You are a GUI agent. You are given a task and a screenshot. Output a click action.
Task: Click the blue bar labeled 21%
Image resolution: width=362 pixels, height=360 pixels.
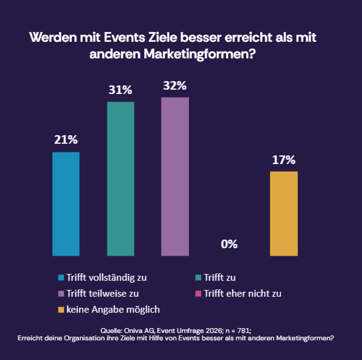66,203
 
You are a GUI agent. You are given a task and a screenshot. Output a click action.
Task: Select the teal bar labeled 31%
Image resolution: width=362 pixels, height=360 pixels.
120,178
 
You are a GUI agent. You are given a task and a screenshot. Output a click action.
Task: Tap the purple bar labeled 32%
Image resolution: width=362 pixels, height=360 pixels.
175,176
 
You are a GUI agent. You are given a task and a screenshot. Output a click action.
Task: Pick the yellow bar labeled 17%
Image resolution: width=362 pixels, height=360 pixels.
283,213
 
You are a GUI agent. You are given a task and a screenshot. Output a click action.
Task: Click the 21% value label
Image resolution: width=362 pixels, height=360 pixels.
66,140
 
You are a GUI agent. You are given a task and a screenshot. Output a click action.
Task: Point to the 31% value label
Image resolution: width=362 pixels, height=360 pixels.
120,90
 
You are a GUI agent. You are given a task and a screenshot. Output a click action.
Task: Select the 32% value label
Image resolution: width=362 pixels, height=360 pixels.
175,86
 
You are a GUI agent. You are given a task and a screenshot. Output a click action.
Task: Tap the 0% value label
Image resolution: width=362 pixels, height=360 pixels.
229,245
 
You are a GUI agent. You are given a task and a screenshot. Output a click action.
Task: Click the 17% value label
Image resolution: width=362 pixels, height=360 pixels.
283,160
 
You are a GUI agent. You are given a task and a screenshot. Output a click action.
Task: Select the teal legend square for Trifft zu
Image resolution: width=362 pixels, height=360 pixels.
198,278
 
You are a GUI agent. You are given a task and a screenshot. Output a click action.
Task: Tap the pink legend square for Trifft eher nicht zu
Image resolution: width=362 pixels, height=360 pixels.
198,294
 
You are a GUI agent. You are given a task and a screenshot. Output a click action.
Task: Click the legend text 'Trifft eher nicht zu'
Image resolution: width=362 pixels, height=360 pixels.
242,294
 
